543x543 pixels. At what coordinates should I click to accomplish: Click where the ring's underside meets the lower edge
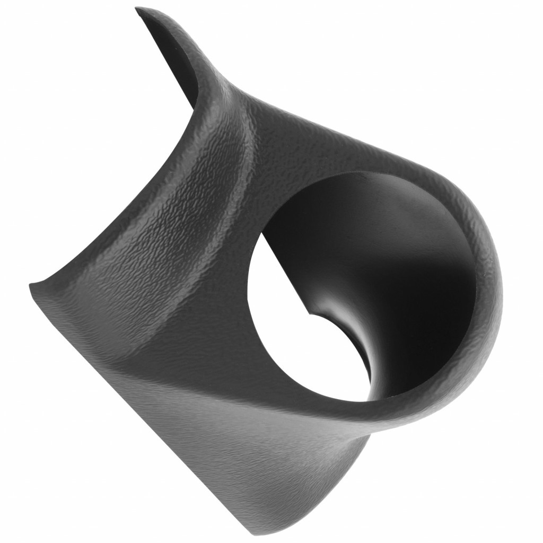point(371,430)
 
